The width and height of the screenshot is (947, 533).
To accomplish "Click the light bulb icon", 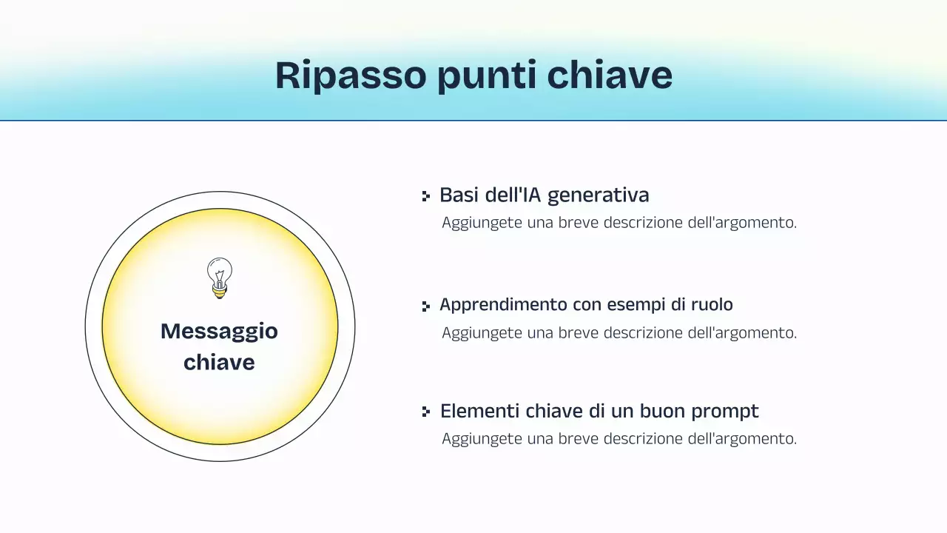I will (x=219, y=278).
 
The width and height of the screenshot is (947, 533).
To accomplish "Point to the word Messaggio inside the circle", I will (x=219, y=331).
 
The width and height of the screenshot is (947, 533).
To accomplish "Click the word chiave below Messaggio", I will (x=219, y=362).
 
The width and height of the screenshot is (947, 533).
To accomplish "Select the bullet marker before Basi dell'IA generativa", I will (x=425, y=196).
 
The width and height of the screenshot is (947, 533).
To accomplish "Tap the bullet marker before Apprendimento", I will (x=425, y=306).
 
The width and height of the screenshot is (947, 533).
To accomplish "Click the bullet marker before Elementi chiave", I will (x=425, y=412).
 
